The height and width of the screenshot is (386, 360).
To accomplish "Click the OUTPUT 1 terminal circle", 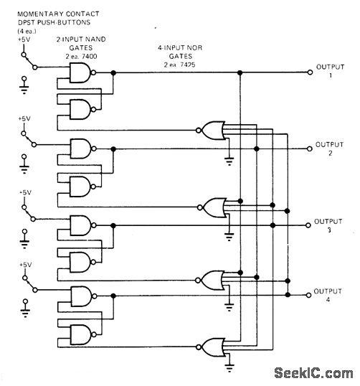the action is (310, 72).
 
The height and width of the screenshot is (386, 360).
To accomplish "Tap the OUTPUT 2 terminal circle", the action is (310, 149).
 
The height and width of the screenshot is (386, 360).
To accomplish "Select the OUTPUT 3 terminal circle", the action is (308, 225).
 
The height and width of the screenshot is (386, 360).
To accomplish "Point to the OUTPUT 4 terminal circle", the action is (308, 295).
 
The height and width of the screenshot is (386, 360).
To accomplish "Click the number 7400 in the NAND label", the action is (89, 57).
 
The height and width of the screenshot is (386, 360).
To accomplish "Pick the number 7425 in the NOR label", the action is (187, 65).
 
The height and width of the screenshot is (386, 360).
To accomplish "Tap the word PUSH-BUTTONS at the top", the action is (64, 22).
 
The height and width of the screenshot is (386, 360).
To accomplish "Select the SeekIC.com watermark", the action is (313, 373).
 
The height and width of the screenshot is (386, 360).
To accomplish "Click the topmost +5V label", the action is (24, 39).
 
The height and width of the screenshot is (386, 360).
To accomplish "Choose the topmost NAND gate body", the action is (80, 72).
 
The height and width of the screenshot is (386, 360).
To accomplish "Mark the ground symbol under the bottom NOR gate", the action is (229, 367).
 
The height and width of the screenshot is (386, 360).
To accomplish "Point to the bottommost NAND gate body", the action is (80, 334).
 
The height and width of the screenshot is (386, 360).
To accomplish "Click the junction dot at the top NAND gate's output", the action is (113, 72).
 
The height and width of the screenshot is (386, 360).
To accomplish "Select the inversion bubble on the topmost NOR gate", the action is (199, 131).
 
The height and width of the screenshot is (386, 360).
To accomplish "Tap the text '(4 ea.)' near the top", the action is (27, 32).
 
